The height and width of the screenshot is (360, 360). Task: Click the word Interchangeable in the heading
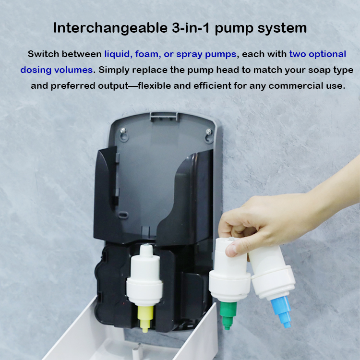(110, 28)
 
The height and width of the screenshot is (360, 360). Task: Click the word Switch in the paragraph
(43, 54)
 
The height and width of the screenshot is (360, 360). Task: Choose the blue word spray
(189, 55)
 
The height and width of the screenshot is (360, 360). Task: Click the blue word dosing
(36, 70)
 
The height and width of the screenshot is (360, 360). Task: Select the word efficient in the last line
(212, 86)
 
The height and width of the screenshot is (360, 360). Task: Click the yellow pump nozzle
(145, 319)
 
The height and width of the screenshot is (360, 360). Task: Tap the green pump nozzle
(228, 315)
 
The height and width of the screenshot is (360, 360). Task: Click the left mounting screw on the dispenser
(123, 131)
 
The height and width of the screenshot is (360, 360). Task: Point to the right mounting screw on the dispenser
(208, 132)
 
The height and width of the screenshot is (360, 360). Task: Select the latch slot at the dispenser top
(164, 117)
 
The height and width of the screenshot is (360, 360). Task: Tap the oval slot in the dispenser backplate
(123, 216)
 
